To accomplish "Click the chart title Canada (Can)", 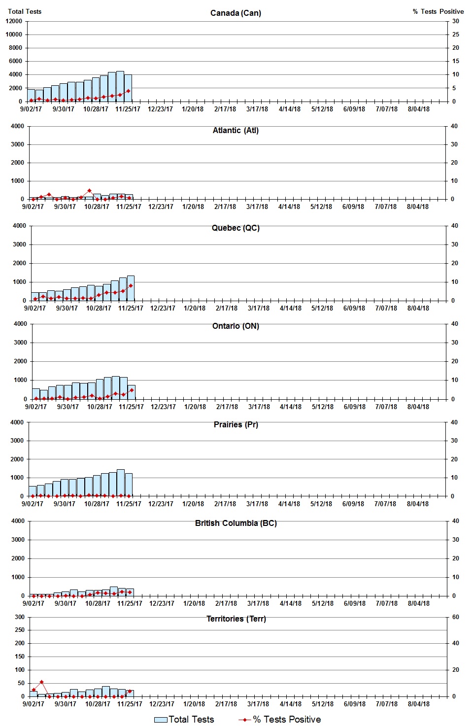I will click(236, 13).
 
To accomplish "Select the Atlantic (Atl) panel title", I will click(236, 130).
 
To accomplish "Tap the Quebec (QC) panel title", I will click(236, 228).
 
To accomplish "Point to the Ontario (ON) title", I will click(236, 326).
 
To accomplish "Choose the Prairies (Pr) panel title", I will click(236, 424).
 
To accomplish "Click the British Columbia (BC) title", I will click(236, 523).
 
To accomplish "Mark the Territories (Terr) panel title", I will click(236, 619).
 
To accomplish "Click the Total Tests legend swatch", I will click(161, 720).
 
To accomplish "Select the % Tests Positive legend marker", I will click(245, 720).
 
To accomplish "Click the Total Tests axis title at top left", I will click(25, 11).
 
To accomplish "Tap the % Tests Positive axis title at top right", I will click(438, 11).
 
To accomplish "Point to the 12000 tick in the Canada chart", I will click(14, 21).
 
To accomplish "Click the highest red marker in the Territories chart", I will click(41, 682).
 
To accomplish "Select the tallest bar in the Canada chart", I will click(120, 86).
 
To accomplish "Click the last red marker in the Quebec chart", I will click(131, 286).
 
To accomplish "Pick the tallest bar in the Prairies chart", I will click(120, 483).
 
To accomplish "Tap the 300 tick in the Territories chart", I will click(20, 617).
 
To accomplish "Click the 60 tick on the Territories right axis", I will click(456, 617).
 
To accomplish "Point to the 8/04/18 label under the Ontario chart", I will click(418, 407).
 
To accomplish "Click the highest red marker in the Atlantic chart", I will click(89, 191).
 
